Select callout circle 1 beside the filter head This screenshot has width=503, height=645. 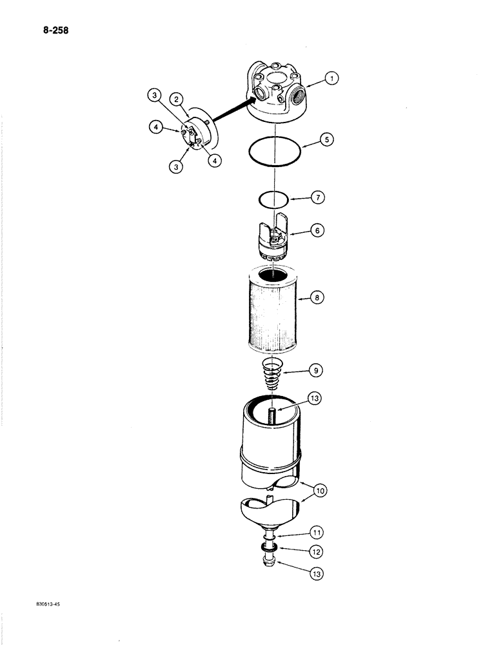331,79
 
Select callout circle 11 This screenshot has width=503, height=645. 316,533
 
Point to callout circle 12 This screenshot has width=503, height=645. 316,551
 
